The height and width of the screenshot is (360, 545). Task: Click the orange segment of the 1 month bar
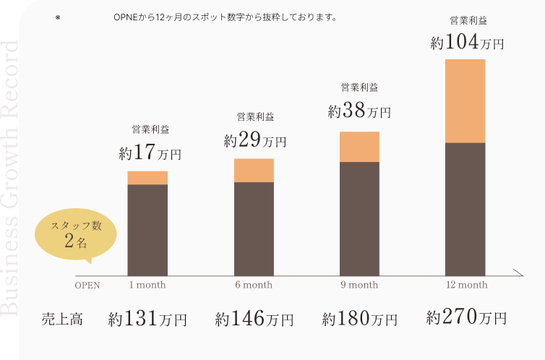147,178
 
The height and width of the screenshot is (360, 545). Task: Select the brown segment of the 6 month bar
254,228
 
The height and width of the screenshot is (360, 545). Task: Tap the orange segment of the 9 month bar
359,147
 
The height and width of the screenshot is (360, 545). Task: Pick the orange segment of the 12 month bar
465,101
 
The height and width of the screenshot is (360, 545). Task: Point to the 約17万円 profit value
150,153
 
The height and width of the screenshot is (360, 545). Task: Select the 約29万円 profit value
254,140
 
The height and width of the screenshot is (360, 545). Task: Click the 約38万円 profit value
359,111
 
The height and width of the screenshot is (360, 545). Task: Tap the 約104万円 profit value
467,43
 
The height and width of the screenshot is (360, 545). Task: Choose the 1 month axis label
147,285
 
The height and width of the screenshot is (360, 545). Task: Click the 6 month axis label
254,285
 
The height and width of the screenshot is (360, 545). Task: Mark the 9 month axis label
359,285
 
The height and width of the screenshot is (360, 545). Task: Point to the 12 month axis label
467,285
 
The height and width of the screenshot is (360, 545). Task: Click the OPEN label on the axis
87,285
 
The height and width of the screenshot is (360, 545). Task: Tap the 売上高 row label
62,318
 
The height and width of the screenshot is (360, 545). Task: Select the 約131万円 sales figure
147,318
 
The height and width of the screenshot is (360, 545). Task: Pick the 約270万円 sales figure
466,317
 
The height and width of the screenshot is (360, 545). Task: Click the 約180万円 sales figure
359,318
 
